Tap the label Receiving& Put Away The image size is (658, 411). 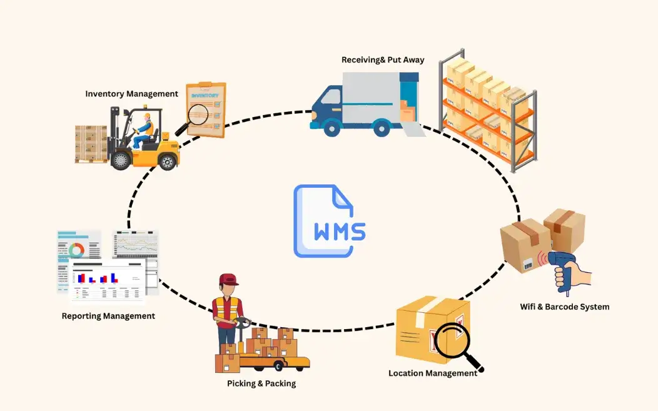(383, 60)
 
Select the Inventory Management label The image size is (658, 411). (131, 94)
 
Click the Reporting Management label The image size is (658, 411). (108, 316)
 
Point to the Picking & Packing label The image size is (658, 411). (261, 383)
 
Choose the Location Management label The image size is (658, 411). (432, 373)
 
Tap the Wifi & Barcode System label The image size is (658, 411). (564, 307)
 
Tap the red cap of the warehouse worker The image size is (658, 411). (229, 280)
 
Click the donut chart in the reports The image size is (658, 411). (76, 250)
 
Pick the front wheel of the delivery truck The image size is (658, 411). (332, 128)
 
